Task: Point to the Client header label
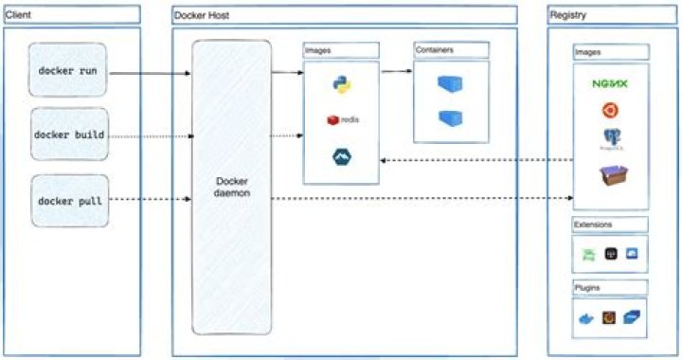pyautogui.click(x=20, y=15)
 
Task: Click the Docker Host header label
pyautogui.click(x=202, y=15)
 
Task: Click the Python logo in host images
pyautogui.click(x=342, y=84)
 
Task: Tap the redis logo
pyautogui.click(x=341, y=120)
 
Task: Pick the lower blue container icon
pyautogui.click(x=451, y=118)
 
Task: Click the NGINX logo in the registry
pyautogui.click(x=610, y=83)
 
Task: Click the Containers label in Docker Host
pyautogui.click(x=436, y=48)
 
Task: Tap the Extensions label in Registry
pyautogui.click(x=595, y=225)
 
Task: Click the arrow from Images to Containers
pyautogui.click(x=396, y=71)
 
